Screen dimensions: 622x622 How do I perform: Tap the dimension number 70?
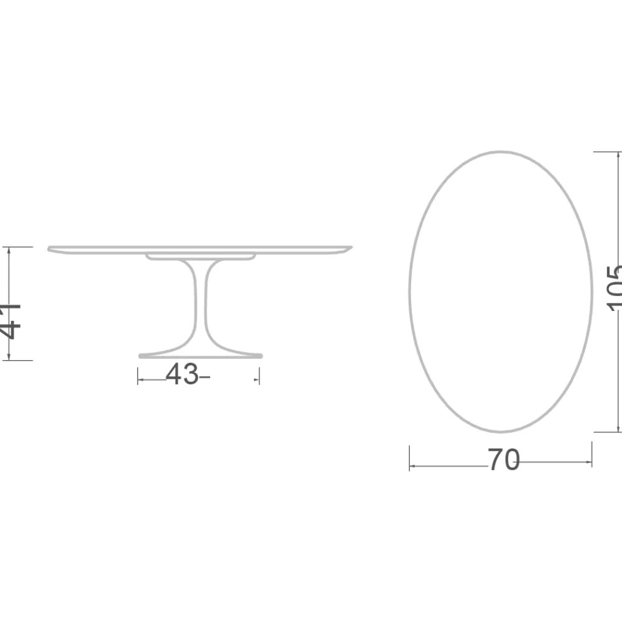[503, 460]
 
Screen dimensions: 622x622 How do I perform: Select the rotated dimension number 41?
[11, 321]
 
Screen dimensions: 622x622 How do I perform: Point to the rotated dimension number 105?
[615, 287]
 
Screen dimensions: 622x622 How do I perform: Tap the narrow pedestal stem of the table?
[200, 305]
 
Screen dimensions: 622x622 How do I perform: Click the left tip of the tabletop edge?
[49, 249]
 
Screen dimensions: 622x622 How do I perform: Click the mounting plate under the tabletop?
[200, 256]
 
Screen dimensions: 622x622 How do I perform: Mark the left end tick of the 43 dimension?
[137, 376]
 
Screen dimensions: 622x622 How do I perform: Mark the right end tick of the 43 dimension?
[259, 376]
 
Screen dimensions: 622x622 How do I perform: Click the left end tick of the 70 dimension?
[409, 458]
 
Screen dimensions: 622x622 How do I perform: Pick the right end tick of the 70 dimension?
[592, 455]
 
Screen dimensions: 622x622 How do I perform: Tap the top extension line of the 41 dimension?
[19, 248]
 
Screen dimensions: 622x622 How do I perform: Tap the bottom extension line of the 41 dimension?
[19, 360]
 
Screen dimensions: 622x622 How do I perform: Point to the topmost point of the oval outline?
[501, 151]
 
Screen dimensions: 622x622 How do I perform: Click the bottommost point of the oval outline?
[501, 432]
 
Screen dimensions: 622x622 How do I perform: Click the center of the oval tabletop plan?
[501, 291]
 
